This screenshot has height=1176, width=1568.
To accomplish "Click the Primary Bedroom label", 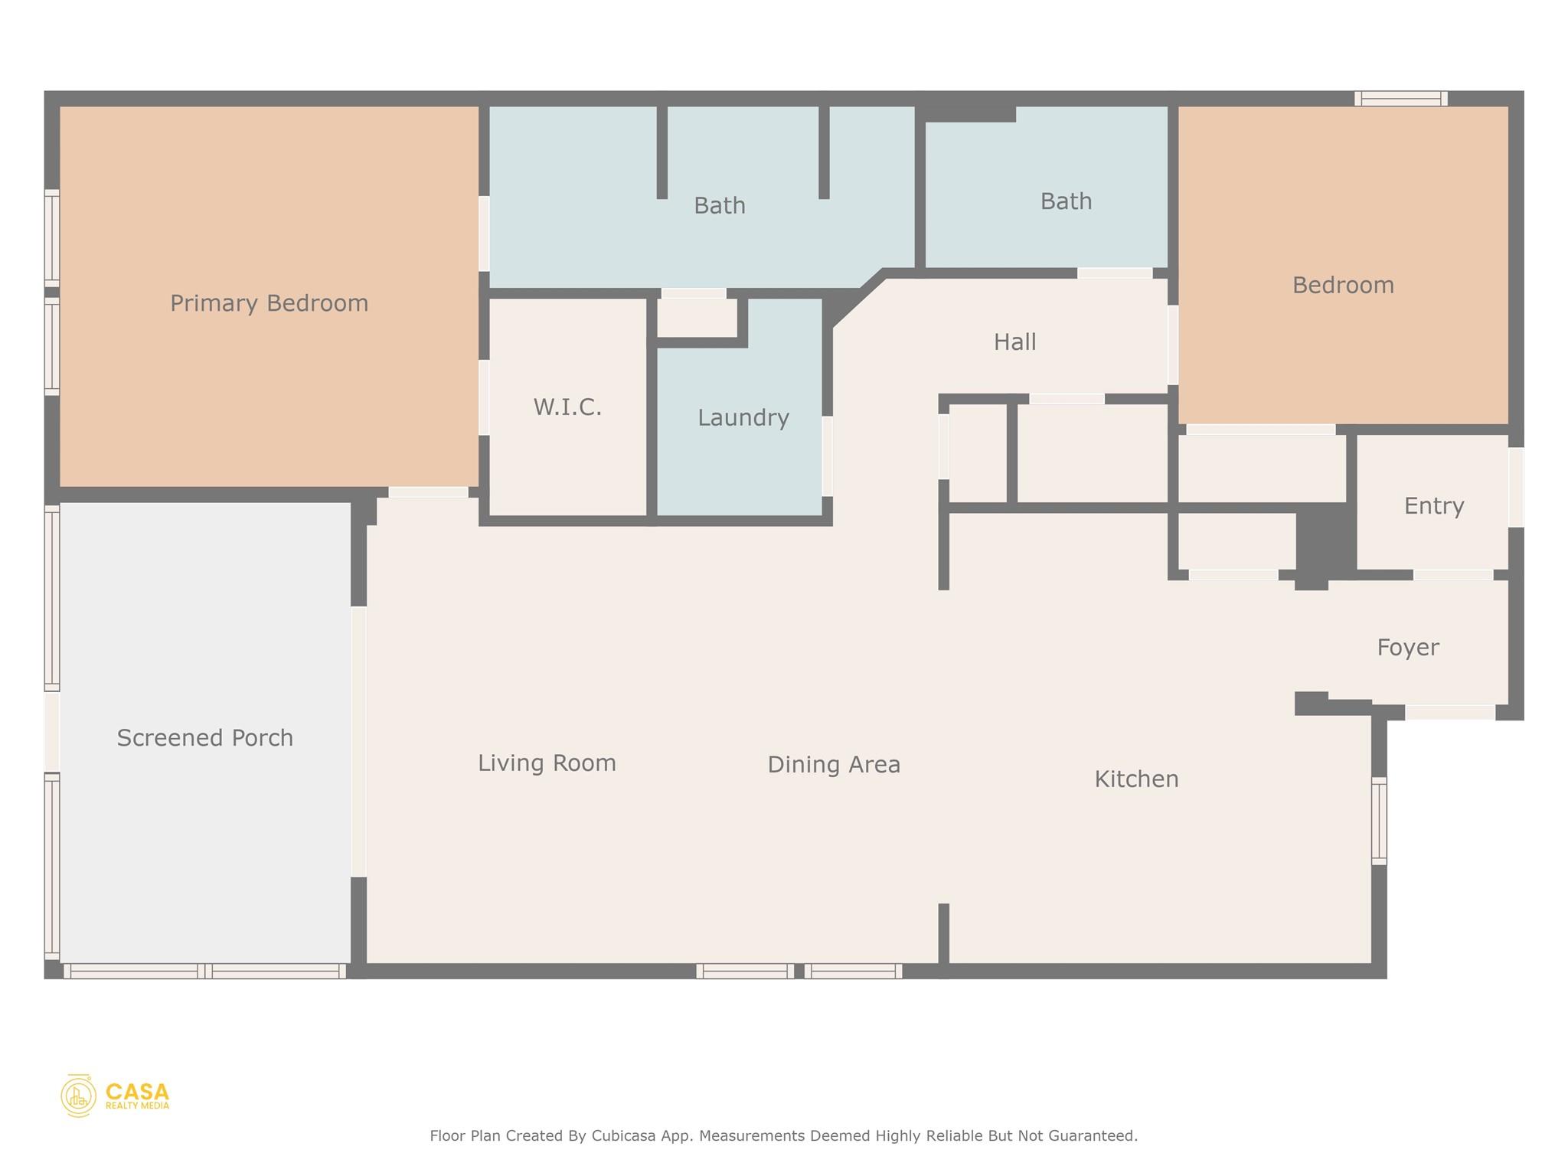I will point(269,303).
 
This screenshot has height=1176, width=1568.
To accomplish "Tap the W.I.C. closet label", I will point(567,407).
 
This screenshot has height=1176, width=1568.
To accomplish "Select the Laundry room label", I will point(743,417).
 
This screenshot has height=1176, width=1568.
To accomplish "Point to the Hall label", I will point(1014,341).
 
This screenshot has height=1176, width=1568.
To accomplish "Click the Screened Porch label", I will point(204,737).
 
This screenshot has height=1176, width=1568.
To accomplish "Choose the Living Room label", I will point(547,763).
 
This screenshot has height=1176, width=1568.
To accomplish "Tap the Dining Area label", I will point(834,764).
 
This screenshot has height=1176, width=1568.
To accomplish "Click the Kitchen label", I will point(1136,779).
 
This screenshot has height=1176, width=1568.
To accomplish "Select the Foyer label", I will point(1407,647).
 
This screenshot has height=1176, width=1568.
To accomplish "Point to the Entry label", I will point(1433,505).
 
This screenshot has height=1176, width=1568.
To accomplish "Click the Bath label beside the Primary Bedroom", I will point(719,205).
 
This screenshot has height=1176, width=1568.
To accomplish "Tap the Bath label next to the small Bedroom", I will point(1066,201).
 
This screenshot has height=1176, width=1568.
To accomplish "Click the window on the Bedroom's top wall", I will point(1400,99).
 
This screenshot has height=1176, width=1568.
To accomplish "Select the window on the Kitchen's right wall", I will point(1378,821).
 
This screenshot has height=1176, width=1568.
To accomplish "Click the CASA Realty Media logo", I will point(115,1096).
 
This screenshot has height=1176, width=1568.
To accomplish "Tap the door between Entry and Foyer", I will point(1452,574).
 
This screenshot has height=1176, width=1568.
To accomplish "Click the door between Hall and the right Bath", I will point(1115,273).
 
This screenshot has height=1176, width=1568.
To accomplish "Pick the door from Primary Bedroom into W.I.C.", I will point(484,397).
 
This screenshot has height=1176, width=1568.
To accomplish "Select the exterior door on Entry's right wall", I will point(1516,487).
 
